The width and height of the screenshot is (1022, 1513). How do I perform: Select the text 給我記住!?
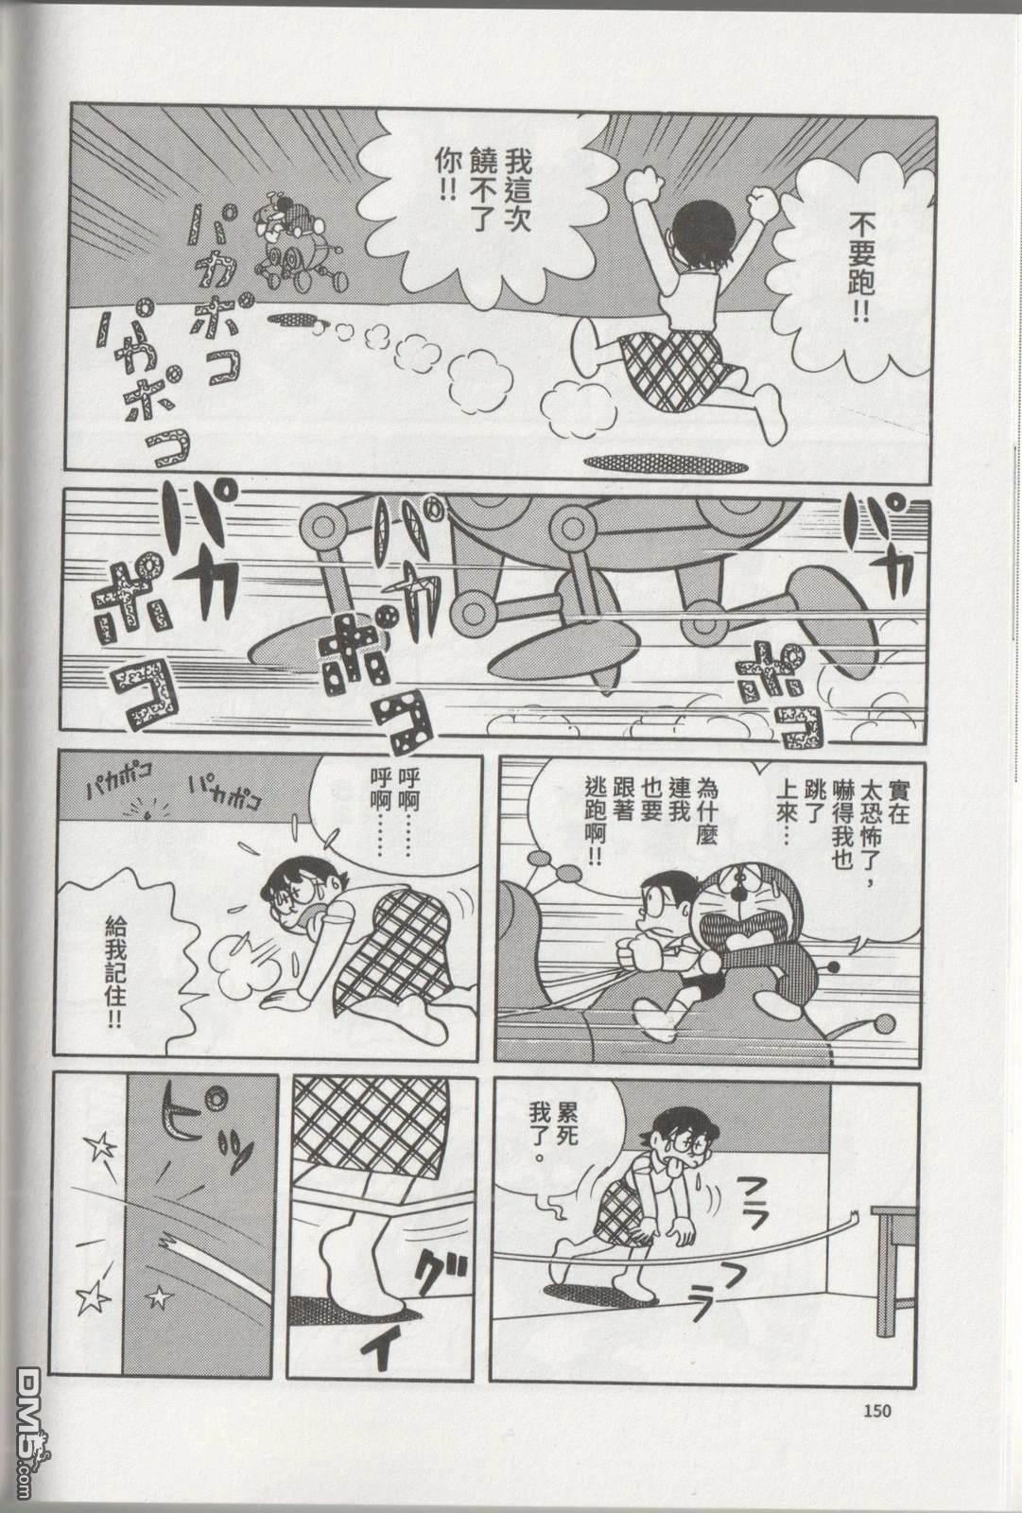coord(114,973)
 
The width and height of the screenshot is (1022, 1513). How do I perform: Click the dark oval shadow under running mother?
coord(666,463)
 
